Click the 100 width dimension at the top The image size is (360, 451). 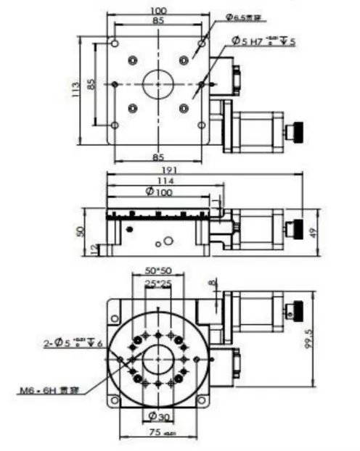[x=158, y=11]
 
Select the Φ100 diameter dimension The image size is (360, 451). [x=158, y=192]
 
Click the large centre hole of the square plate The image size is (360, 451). [x=157, y=85]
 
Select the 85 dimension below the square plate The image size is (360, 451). [x=157, y=155]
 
